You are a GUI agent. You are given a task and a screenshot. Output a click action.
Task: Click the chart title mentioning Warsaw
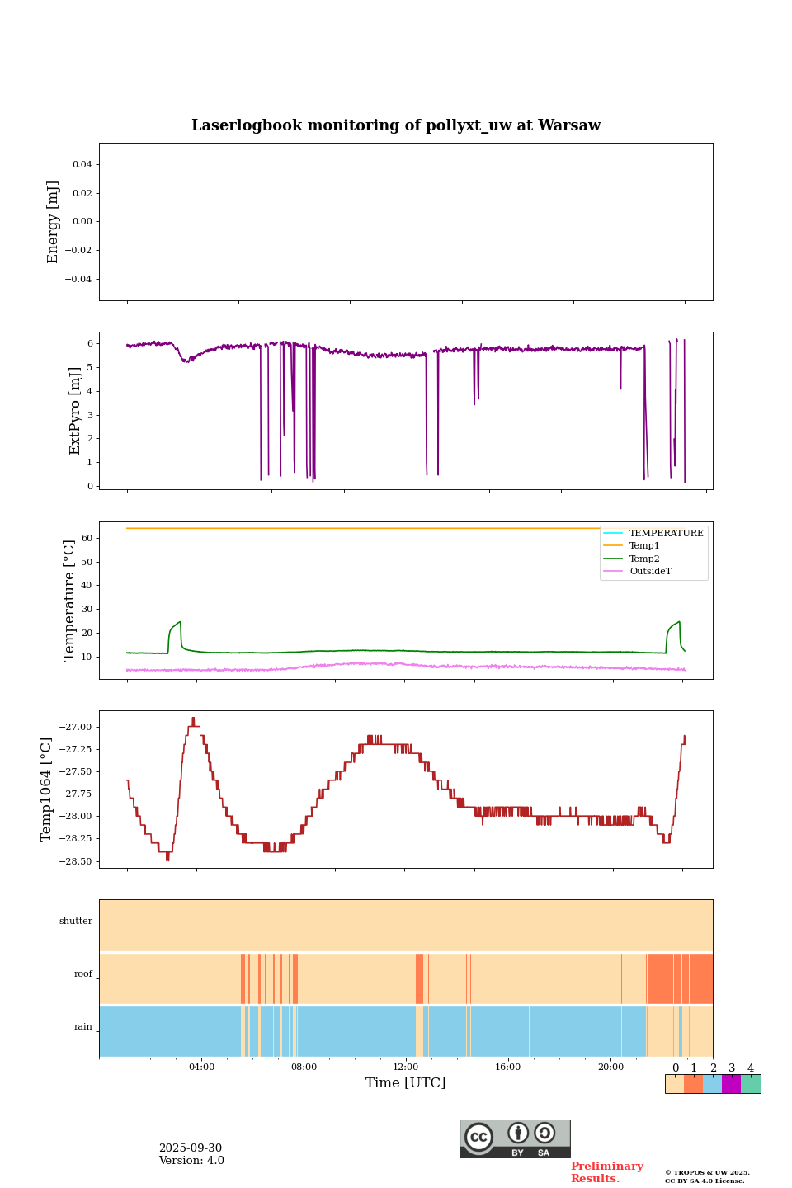[396, 125]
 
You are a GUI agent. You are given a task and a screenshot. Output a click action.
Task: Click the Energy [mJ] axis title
[53, 222]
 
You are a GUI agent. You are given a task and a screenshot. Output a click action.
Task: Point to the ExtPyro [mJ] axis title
[75, 411]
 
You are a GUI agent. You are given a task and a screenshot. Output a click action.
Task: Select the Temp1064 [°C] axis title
[46, 790]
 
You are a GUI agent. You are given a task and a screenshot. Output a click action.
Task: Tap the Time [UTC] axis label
[405, 1082]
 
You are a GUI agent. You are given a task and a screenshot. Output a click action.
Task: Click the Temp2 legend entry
[644, 559]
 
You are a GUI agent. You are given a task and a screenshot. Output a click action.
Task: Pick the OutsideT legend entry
[650, 571]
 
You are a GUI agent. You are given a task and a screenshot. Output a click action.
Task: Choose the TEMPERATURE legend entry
[666, 533]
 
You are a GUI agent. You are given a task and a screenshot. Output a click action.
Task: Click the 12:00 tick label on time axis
[406, 1067]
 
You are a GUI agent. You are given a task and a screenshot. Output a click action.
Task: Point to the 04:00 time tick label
[201, 1067]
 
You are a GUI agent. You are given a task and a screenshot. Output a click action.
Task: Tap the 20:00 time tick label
[610, 1067]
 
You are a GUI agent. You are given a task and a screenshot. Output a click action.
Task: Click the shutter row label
[76, 921]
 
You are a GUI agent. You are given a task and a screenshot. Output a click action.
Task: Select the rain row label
[83, 1026]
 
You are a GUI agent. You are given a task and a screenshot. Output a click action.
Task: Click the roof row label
[83, 973]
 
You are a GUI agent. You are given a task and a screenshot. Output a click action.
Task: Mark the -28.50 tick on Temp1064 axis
[75, 861]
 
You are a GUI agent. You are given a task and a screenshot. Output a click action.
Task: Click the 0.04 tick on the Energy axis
[82, 164]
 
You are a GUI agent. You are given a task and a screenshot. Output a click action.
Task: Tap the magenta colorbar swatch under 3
[731, 1084]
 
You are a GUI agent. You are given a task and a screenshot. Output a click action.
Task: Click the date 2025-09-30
[191, 1148]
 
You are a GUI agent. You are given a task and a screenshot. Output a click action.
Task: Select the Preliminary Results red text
[606, 1172]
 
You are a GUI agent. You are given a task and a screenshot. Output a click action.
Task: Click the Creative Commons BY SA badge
[515, 1138]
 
